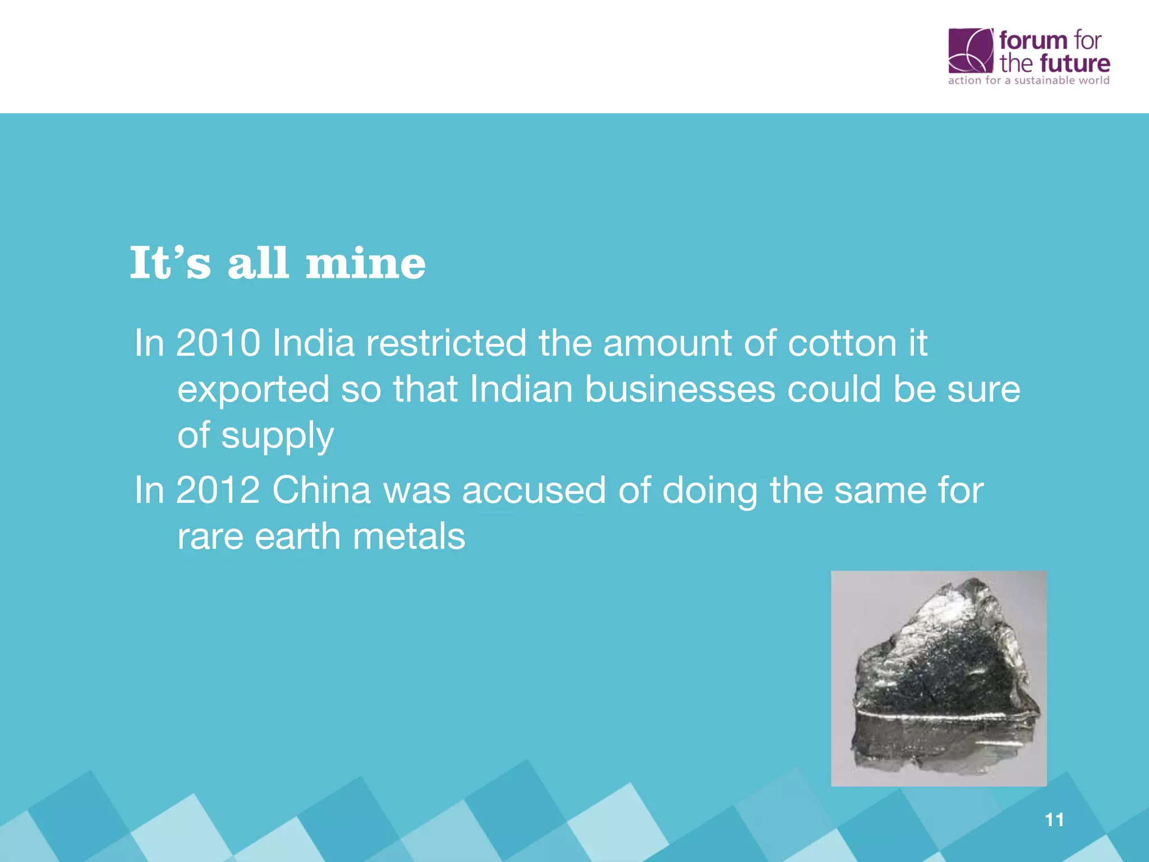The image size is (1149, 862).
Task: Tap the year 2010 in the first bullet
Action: [x=218, y=343]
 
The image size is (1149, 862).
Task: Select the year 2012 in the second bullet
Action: [x=218, y=490]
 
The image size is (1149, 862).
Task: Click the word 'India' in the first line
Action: [x=313, y=343]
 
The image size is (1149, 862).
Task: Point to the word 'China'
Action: [x=321, y=490]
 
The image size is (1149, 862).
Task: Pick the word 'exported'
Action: [x=253, y=389]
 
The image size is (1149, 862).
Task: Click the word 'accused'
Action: [x=534, y=490]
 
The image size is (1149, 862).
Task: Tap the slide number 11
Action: [x=1055, y=820]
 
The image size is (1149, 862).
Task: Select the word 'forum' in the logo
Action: [x=1032, y=40]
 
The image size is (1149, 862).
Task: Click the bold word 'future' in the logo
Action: [x=1074, y=63]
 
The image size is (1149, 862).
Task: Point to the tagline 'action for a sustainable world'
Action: [x=1029, y=80]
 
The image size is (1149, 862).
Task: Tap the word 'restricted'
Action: [x=446, y=343]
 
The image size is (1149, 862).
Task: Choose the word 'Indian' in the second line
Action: [x=521, y=389]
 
